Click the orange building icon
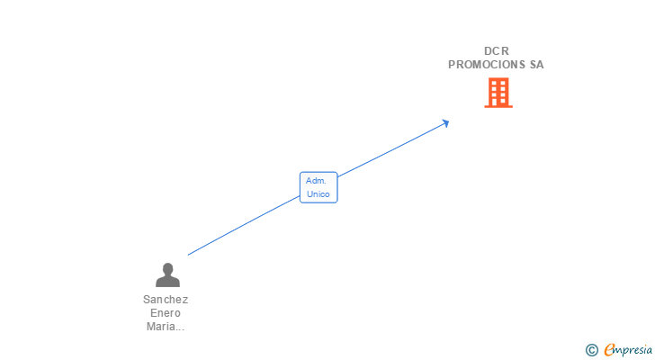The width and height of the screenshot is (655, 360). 498,93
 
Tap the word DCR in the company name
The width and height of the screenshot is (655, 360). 496,51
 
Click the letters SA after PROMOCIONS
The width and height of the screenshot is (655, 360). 536,65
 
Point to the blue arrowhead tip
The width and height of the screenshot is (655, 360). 447,121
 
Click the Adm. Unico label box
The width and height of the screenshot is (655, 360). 319,187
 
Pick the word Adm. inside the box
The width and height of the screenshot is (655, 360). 315,181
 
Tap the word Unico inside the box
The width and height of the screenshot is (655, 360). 318,193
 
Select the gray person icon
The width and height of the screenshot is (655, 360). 166,274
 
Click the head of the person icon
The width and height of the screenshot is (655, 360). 166,268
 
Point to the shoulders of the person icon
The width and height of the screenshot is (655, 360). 166,282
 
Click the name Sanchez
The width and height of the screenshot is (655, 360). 166,300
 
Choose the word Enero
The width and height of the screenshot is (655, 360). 166,313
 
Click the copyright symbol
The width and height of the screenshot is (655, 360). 592,350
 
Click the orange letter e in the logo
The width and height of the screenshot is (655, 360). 609,350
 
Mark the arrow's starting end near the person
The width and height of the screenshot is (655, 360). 189,255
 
